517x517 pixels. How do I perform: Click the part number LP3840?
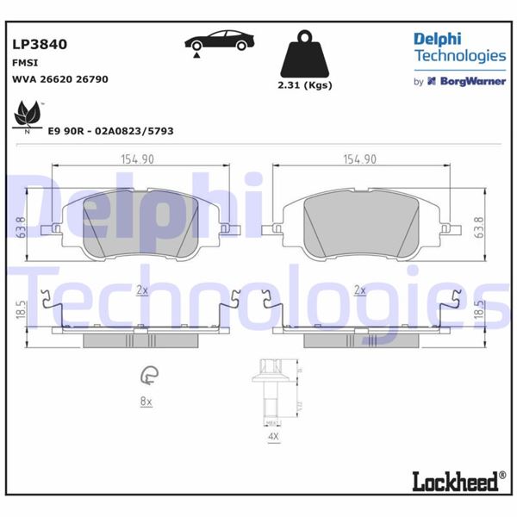tap(40, 44)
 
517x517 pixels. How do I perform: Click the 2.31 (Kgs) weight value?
tap(305, 84)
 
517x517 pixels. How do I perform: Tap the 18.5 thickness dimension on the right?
tap(479, 312)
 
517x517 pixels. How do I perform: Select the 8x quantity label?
tap(146, 402)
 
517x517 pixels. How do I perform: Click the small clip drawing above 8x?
tap(147, 375)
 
